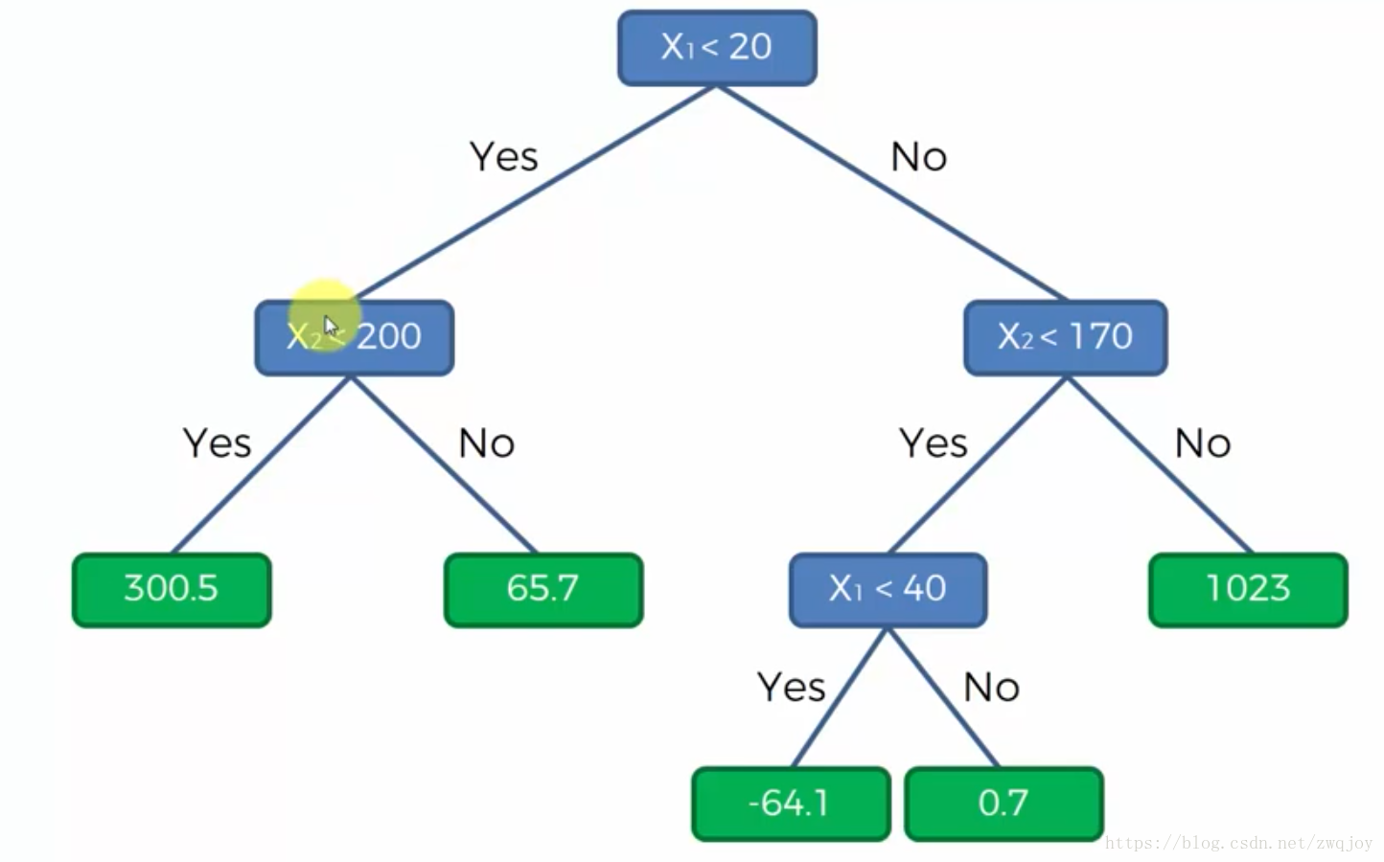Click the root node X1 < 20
pyautogui.click(x=717, y=47)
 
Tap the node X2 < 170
pyautogui.click(x=1065, y=337)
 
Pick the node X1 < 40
pyautogui.click(x=888, y=588)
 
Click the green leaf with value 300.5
pyautogui.click(x=172, y=589)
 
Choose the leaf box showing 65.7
pyautogui.click(x=543, y=589)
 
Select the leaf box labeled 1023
pyautogui.click(x=1248, y=589)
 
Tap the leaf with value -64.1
pyautogui.click(x=791, y=804)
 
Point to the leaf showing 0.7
pyautogui.click(x=1003, y=804)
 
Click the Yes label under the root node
pyautogui.click(x=504, y=156)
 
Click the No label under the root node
pyautogui.click(x=918, y=156)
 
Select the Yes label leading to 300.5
pyautogui.click(x=218, y=443)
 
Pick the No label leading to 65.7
pyautogui.click(x=487, y=443)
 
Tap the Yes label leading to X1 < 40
pyautogui.click(x=934, y=443)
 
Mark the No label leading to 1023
pyautogui.click(x=1203, y=443)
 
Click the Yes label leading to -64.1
pyautogui.click(x=792, y=688)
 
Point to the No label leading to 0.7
pyautogui.click(x=991, y=688)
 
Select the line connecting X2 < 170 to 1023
pyautogui.click(x=1160, y=464)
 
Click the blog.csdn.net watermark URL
pyautogui.click(x=1238, y=844)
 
